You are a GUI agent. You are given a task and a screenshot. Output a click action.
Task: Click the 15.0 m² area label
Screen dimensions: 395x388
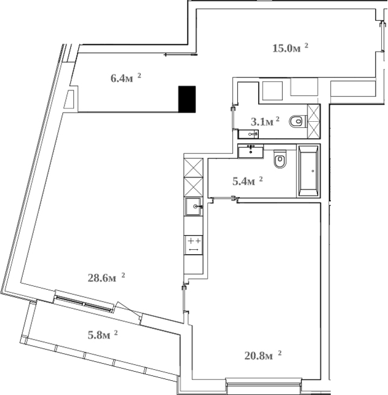point(290,48)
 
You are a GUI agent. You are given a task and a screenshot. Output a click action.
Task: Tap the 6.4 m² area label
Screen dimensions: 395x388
point(125,78)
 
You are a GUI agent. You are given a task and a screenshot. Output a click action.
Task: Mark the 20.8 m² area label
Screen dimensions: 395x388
point(262,355)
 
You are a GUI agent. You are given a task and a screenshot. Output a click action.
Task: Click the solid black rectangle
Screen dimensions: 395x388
point(187,99)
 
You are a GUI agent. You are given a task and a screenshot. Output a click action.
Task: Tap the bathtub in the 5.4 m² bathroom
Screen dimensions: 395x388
point(309,171)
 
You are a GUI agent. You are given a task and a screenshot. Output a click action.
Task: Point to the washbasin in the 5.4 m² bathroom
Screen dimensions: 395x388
point(251,151)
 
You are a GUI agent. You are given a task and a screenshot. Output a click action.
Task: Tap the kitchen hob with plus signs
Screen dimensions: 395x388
point(194,244)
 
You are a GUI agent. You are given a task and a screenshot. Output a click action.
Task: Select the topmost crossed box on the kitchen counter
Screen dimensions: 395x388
point(194,167)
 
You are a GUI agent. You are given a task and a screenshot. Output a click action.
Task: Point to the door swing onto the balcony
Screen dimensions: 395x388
point(128,311)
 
